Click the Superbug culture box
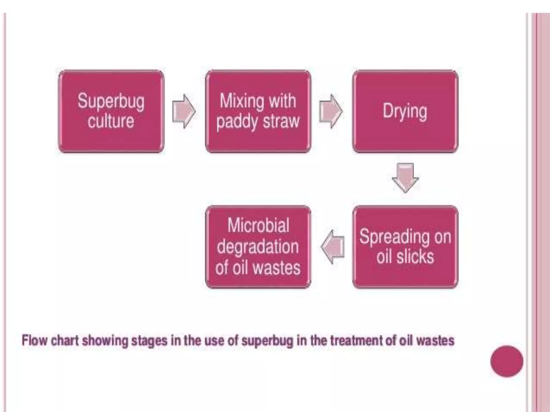pos(111,111)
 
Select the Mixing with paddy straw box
pos(258,111)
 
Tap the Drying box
pos(405,111)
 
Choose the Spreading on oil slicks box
pos(405,247)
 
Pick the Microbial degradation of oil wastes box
pos(258,247)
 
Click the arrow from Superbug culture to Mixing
pos(184,111)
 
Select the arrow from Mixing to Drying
pos(331,111)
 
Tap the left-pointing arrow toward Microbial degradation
pos(332,247)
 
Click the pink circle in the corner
pos(506,361)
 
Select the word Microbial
pos(258,225)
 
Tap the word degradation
pos(258,247)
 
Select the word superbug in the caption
pos(267,341)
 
